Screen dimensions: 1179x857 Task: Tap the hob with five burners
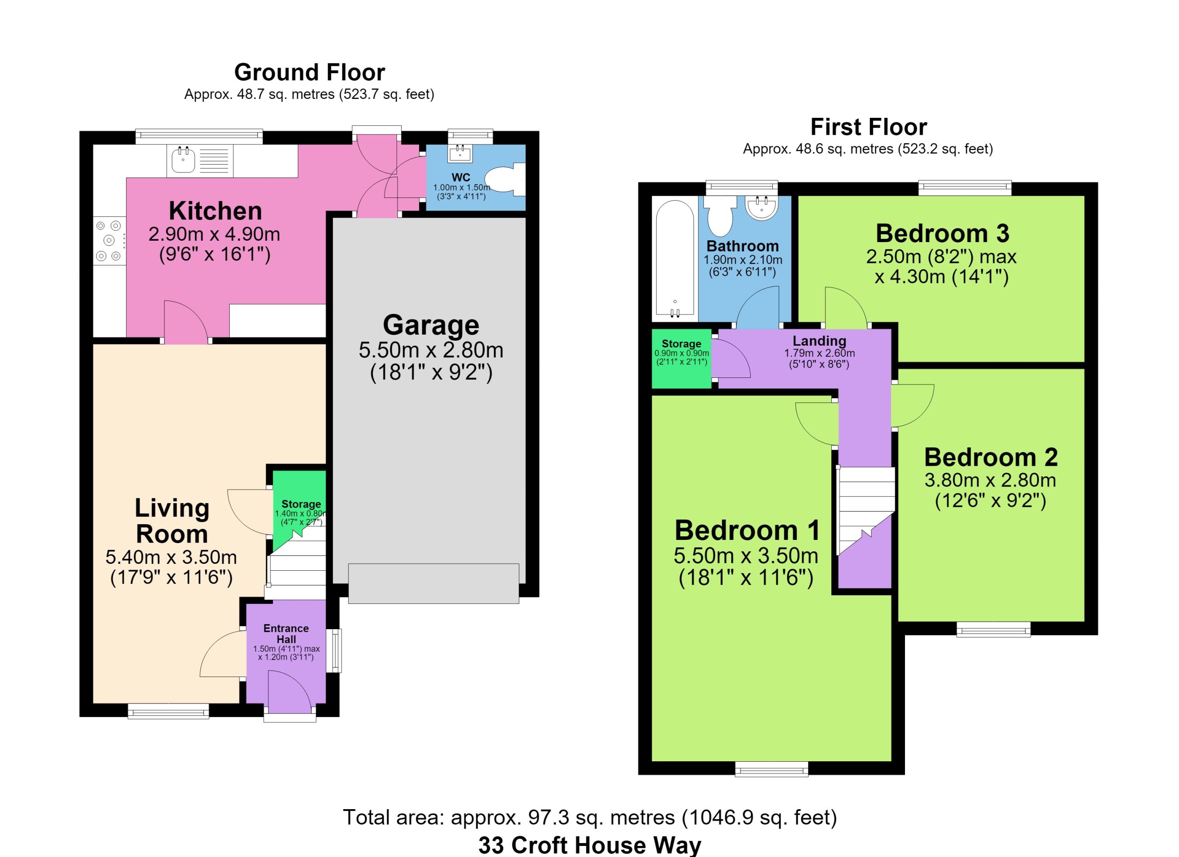click(110, 240)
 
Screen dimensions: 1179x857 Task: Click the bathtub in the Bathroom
click(675, 258)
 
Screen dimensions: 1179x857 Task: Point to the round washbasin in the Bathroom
click(762, 207)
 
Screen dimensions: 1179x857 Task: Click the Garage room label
click(431, 325)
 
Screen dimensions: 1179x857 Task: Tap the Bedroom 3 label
click(942, 233)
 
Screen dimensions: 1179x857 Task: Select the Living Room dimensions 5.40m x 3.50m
click(171, 557)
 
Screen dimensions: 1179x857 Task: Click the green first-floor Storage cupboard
click(682, 359)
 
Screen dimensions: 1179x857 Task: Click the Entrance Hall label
click(286, 634)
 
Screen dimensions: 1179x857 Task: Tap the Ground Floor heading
click(309, 72)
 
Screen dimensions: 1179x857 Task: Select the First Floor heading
click(869, 127)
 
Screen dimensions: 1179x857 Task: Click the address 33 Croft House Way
click(589, 845)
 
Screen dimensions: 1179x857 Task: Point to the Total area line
click(590, 817)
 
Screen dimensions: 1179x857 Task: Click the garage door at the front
click(433, 583)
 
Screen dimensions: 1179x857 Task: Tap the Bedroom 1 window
click(771, 769)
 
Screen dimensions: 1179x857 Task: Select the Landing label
click(819, 341)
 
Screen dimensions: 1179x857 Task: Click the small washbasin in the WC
click(460, 153)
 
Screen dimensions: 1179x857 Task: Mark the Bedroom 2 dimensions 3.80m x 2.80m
click(990, 480)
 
